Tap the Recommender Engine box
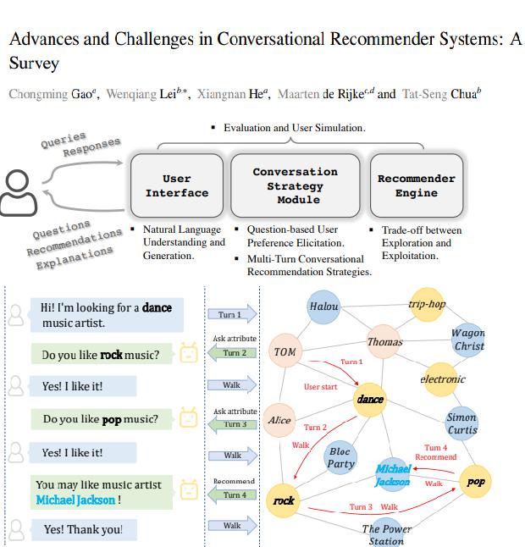pos(416,185)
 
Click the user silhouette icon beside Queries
pos(18,192)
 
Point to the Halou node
pos(323,307)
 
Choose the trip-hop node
pos(426,305)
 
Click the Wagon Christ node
pos(468,339)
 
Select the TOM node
pos(285,351)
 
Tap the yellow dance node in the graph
pos(370,399)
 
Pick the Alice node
pos(279,420)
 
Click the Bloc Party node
pos(340,458)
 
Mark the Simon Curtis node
pos(461,423)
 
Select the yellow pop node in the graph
pos(475,482)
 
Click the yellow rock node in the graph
pos(284,500)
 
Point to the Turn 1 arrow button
pos(231,315)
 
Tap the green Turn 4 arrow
pos(231,495)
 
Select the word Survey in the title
pos(34,64)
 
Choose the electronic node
pos(442,379)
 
